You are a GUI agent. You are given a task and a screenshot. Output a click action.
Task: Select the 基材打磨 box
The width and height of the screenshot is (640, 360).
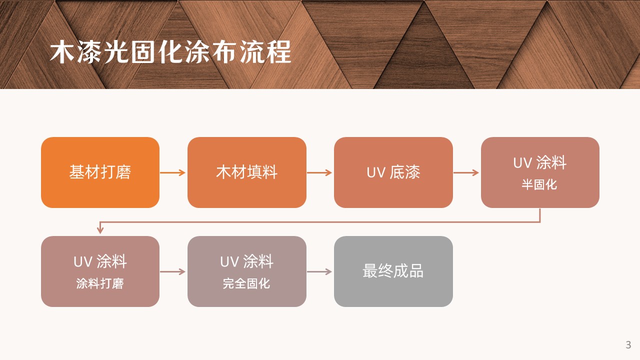coord(100,172)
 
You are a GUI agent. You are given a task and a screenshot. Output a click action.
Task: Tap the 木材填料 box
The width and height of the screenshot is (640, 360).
coord(247,172)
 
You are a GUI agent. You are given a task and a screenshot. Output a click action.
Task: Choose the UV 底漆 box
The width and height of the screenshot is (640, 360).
coord(393,172)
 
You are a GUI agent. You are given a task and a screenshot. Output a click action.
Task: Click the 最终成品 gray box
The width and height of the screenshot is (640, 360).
coord(393,271)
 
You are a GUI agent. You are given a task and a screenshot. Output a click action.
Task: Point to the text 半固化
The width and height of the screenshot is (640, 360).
coord(539,184)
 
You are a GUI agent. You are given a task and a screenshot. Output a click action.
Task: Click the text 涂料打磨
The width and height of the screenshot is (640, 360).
coord(100,283)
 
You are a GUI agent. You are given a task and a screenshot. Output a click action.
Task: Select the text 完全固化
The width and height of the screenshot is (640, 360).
coord(246,283)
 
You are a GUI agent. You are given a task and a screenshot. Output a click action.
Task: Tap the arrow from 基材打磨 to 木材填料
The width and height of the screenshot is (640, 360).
coord(173,172)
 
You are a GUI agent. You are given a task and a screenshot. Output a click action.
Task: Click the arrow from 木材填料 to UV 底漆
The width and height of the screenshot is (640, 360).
coord(319,172)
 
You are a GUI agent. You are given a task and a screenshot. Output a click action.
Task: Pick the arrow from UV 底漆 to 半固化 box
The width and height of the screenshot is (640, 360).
coord(466,172)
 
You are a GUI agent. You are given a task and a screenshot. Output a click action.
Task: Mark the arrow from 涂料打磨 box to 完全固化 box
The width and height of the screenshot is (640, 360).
coord(173,271)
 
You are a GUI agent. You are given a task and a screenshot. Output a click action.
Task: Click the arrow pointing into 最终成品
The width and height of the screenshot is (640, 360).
coord(319,271)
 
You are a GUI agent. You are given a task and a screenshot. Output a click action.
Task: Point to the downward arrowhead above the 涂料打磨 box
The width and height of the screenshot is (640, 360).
coord(100,230)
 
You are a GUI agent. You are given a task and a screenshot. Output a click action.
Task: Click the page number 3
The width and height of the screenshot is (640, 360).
coord(628,345)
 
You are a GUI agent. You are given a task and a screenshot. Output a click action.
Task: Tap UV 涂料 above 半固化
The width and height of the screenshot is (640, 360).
coord(539,163)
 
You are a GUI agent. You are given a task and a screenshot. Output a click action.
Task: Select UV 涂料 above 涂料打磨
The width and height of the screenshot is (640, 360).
coord(100,261)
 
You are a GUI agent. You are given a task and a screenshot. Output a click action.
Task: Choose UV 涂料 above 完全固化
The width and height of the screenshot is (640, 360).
coord(246,261)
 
